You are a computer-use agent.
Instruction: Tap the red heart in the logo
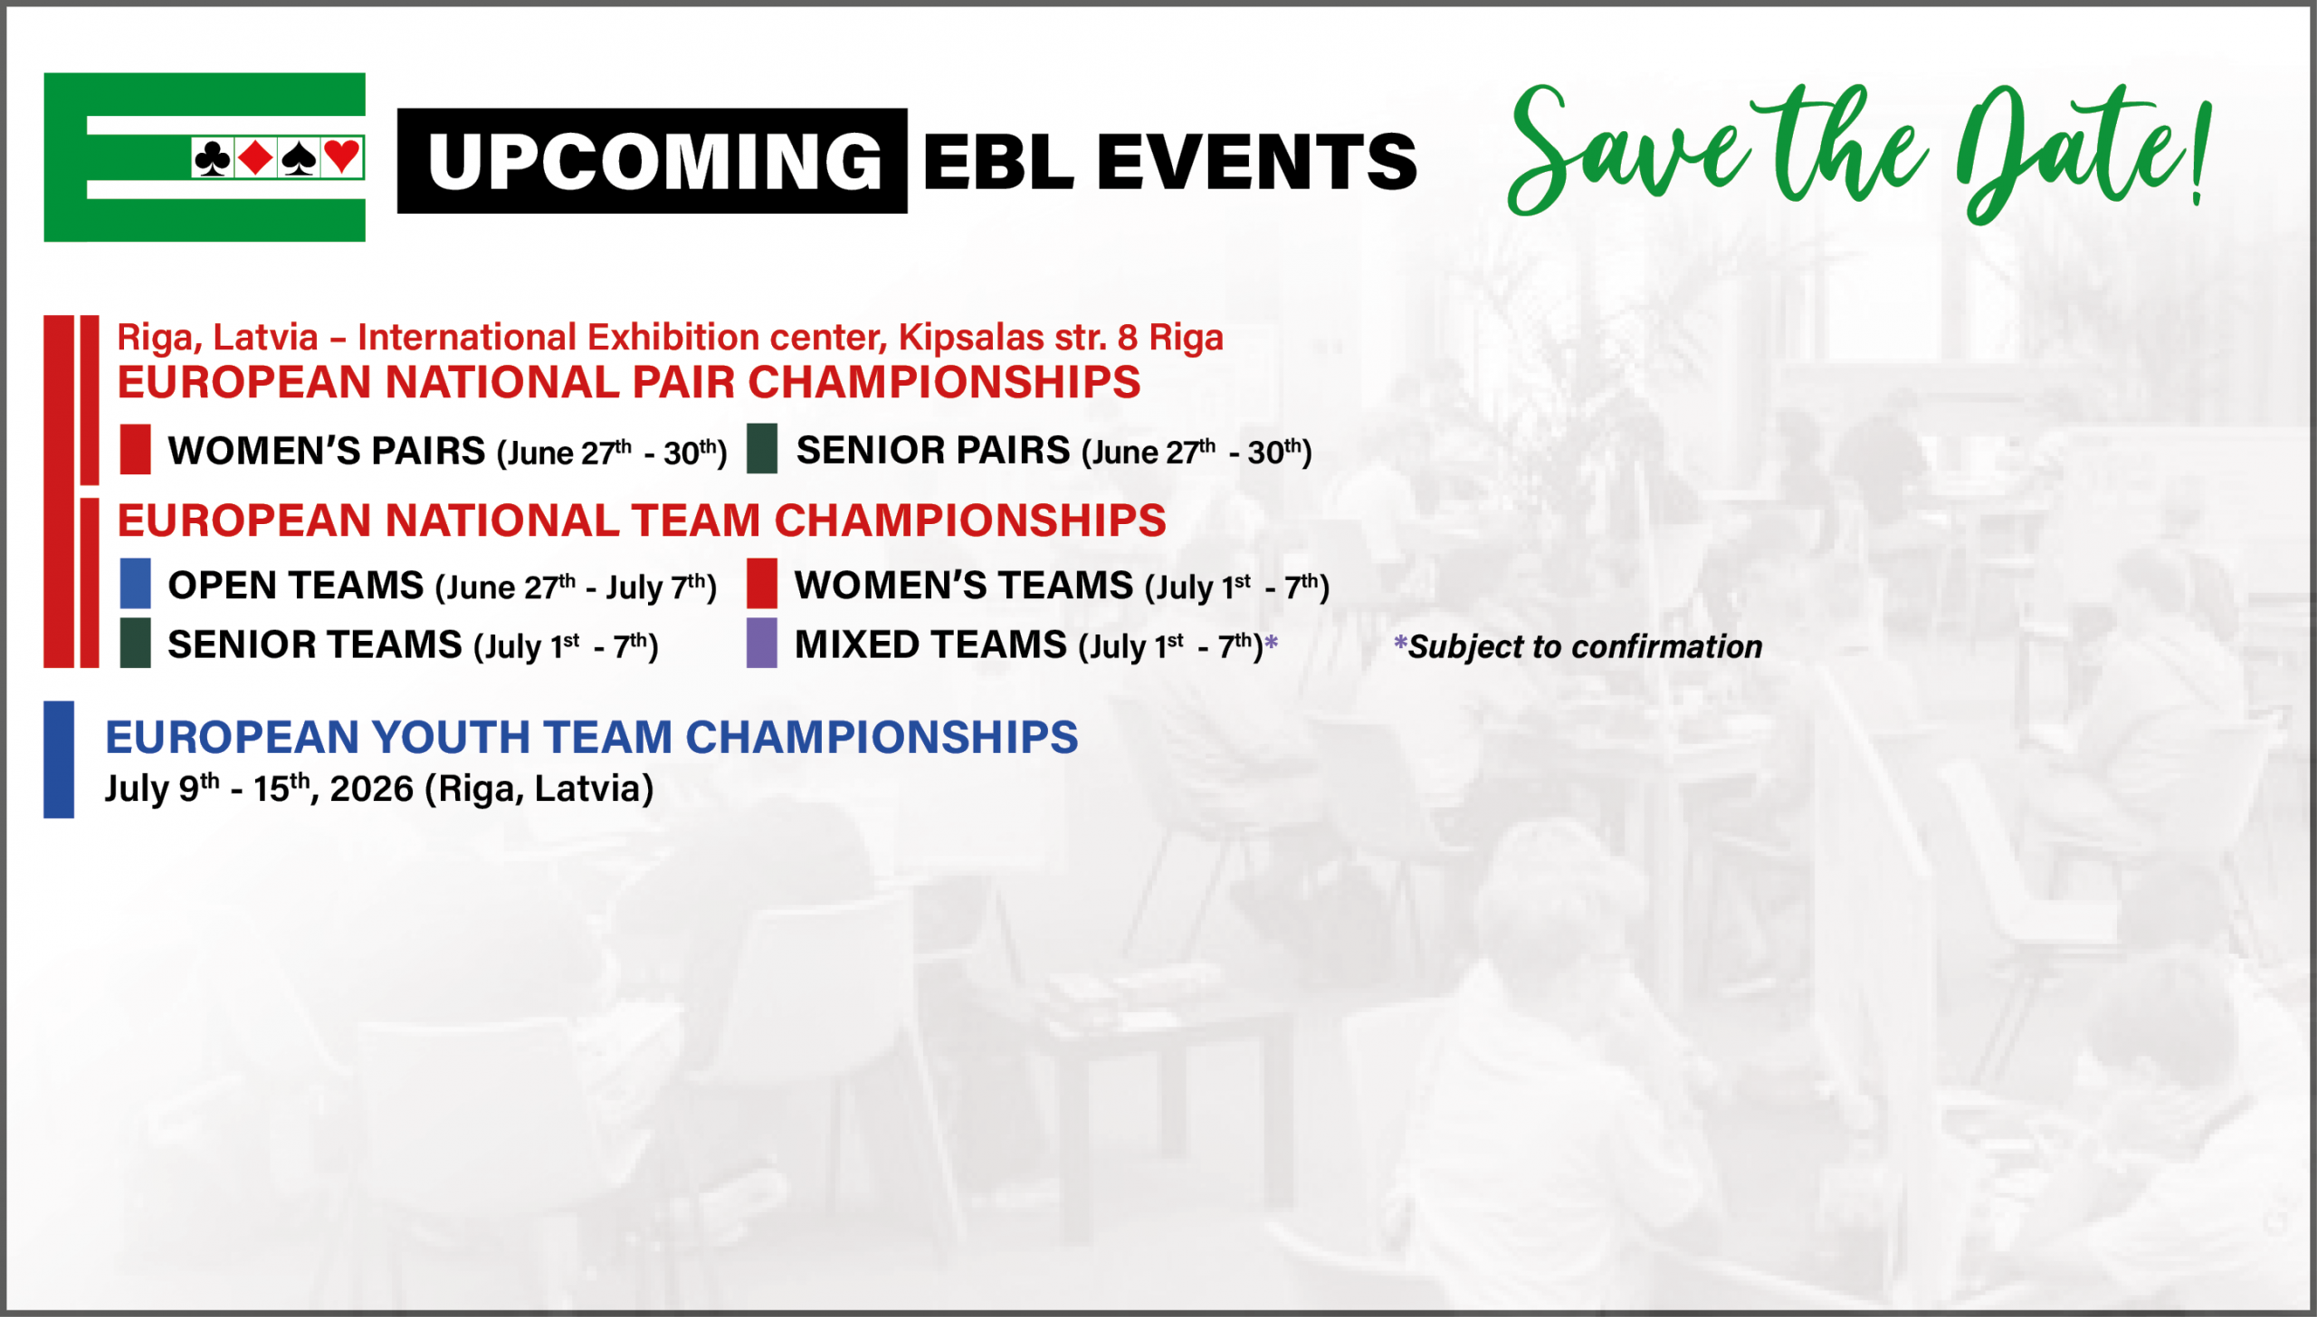[x=342, y=157]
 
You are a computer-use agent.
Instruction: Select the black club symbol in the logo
[x=213, y=157]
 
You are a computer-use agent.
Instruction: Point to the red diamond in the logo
[x=256, y=157]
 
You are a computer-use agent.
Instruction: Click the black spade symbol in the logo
[x=299, y=157]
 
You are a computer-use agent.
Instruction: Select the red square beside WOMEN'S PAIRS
[x=135, y=449]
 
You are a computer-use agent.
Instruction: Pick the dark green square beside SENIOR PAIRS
[x=762, y=449]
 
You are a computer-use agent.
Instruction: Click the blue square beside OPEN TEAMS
[x=135, y=583]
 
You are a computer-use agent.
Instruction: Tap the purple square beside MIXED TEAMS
[x=762, y=643]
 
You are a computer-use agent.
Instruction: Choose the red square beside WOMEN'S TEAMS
[x=762, y=583]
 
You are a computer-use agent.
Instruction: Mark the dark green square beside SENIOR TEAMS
[x=135, y=643]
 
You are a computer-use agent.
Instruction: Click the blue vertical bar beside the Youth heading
[x=59, y=759]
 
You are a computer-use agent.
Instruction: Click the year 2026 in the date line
[x=371, y=789]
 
